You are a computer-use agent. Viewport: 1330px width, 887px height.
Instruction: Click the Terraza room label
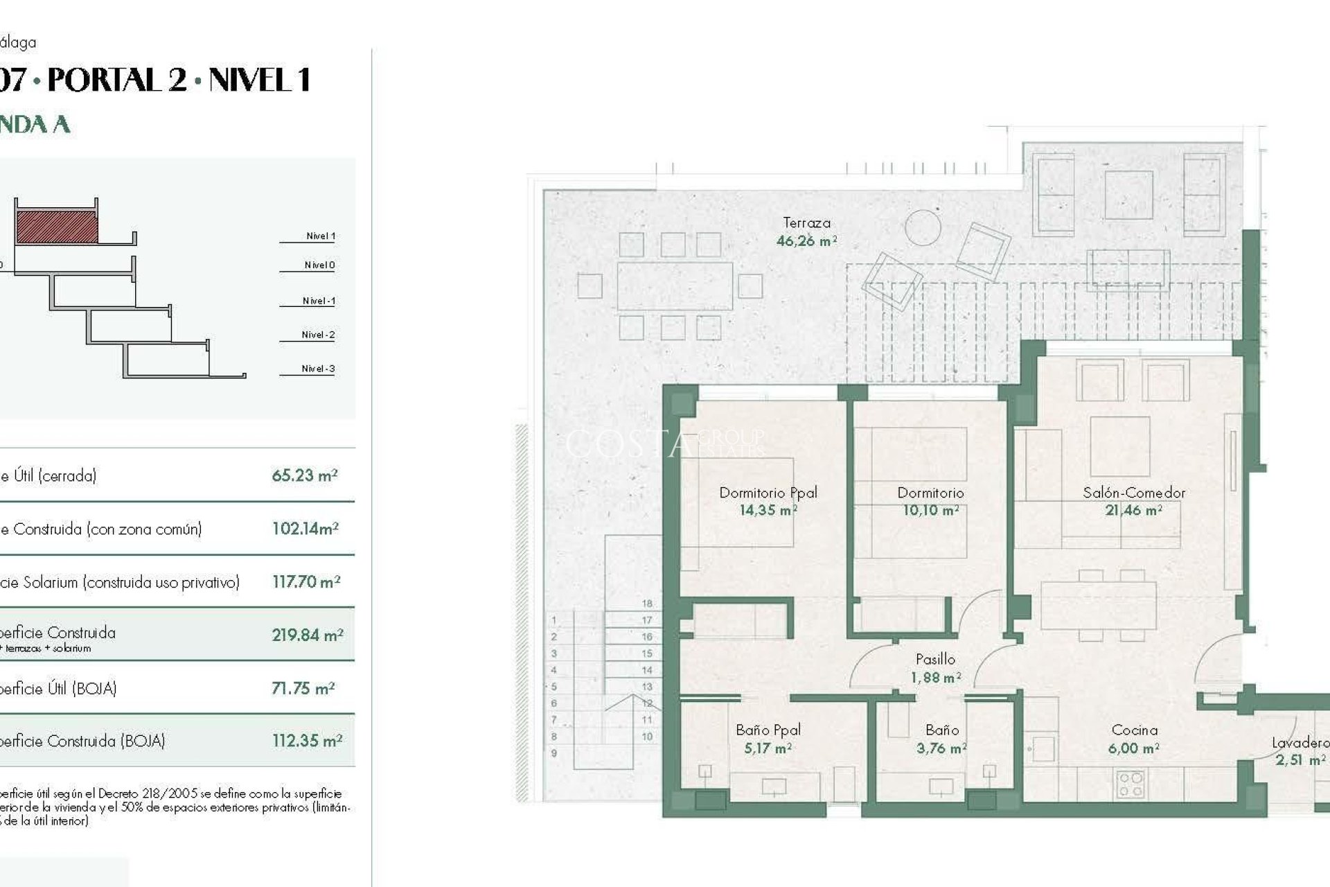[x=806, y=223]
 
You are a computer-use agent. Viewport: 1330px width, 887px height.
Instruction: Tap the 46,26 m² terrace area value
[x=806, y=241]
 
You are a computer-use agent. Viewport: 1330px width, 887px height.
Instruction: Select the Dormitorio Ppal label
[x=768, y=493]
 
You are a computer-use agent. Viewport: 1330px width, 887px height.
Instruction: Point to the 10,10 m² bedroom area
[x=930, y=511]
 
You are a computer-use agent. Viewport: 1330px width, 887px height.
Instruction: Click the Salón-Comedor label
[x=1134, y=493]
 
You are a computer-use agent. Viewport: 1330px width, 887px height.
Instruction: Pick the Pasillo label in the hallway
[x=935, y=659]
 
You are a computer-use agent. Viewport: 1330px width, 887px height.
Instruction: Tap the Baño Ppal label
[x=768, y=730]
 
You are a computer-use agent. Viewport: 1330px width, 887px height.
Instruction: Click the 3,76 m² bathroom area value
[x=941, y=748]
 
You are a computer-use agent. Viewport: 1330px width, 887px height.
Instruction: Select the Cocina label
[x=1134, y=730]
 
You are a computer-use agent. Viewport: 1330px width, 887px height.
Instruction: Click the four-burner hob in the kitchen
[x=1130, y=785]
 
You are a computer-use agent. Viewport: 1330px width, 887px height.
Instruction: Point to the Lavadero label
[x=1300, y=743]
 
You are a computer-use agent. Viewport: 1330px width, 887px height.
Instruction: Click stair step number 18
[x=647, y=604]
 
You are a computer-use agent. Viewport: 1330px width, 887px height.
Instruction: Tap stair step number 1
[x=553, y=620]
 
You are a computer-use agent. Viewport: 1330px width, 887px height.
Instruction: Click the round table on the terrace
[x=923, y=227]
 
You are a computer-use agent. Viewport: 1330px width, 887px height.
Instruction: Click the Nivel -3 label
[x=318, y=369]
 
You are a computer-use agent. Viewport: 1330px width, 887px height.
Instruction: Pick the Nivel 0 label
[x=319, y=265]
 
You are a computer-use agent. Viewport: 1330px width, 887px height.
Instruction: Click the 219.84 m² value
[x=307, y=635]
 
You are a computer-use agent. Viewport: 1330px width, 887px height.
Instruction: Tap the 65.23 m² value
[x=304, y=476]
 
